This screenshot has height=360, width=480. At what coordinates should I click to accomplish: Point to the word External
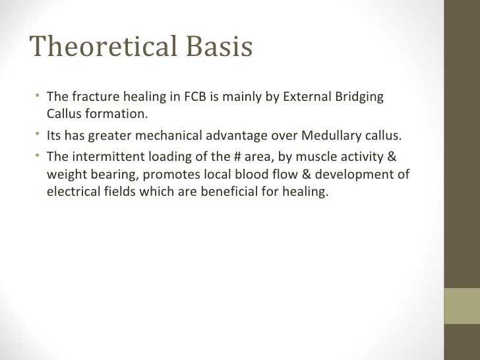coord(307,98)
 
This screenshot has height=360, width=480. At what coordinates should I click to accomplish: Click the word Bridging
coord(359,98)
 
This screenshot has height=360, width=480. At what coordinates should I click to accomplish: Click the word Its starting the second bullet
coord(55,136)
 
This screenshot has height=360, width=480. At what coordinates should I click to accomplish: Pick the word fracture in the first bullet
coord(92,98)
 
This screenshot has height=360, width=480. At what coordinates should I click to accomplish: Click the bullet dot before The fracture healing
coord(40,98)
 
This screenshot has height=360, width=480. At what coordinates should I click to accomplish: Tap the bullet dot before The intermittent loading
coord(40,158)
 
